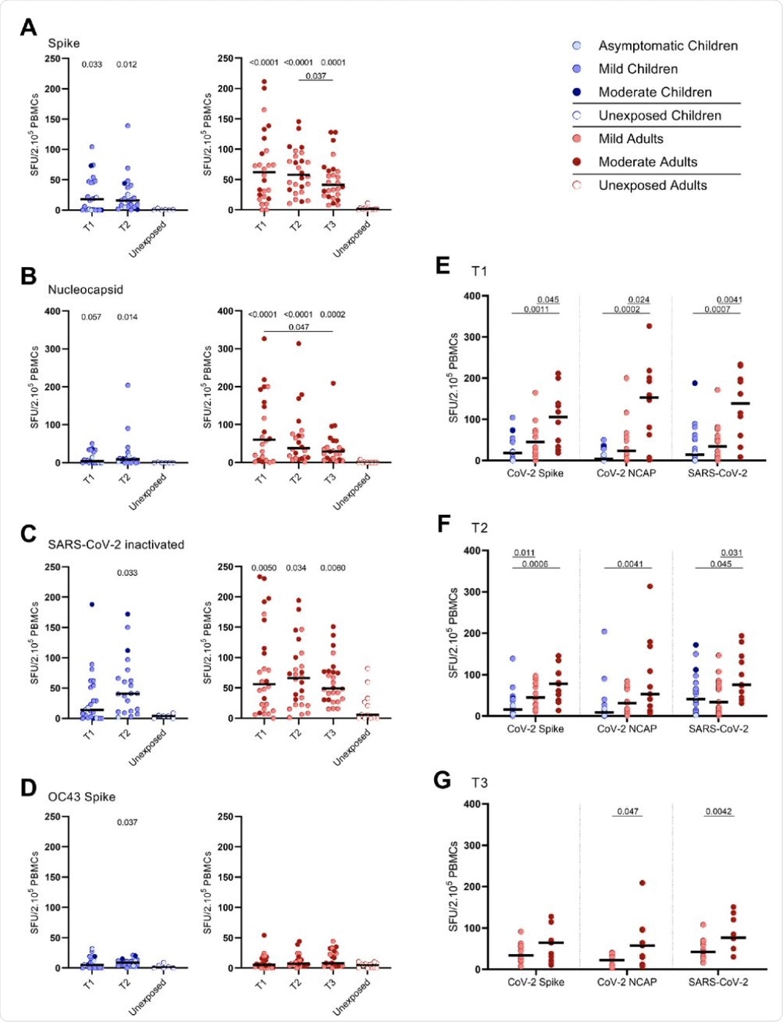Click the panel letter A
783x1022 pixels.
(29, 27)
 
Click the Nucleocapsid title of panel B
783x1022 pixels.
(85, 289)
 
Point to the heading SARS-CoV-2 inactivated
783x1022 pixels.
(116, 544)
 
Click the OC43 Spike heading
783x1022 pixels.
(81, 797)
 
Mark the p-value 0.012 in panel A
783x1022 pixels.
(127, 64)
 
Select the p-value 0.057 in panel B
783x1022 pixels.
(91, 317)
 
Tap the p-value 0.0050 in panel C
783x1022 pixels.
(263, 568)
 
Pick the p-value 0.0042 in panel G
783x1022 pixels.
(719, 811)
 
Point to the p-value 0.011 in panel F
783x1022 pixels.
(524, 553)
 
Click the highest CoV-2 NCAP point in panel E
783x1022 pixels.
(649, 326)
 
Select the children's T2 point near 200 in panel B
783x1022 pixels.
(127, 385)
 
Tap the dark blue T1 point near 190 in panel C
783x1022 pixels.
(91, 604)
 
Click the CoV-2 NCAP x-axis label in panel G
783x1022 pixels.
(627, 982)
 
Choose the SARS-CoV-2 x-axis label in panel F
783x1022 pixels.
(719, 728)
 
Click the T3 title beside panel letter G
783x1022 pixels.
(480, 783)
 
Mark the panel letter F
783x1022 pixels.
(443, 524)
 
